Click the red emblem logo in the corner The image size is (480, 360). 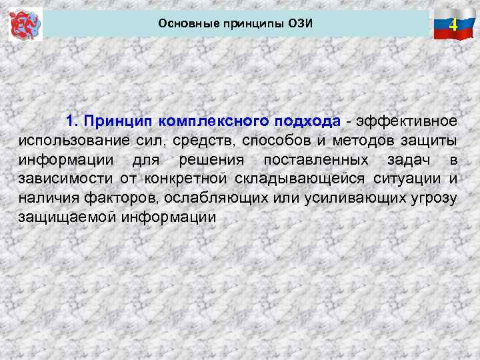(x=25, y=24)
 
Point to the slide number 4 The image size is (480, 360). (x=453, y=26)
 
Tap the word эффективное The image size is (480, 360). (x=407, y=121)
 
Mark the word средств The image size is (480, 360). (x=203, y=141)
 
